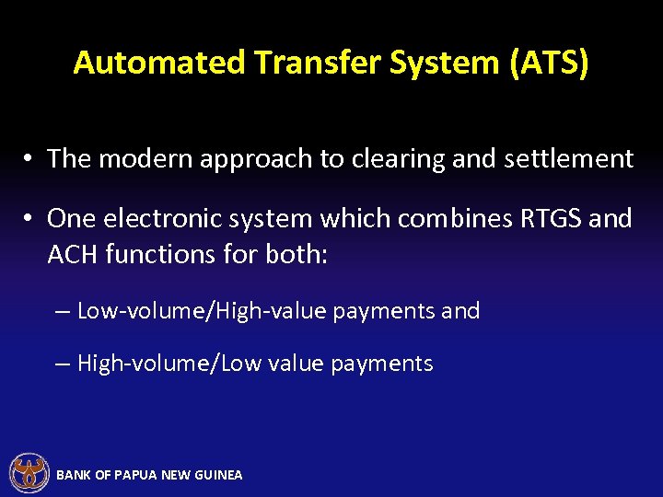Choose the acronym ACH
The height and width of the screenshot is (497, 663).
[73, 254]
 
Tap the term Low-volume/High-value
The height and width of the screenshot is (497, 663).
[202, 311]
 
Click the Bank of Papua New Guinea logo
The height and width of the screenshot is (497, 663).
[29, 473]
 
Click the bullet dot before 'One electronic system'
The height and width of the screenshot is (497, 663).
[29, 219]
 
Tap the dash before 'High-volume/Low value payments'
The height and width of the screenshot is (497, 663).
[62, 364]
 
